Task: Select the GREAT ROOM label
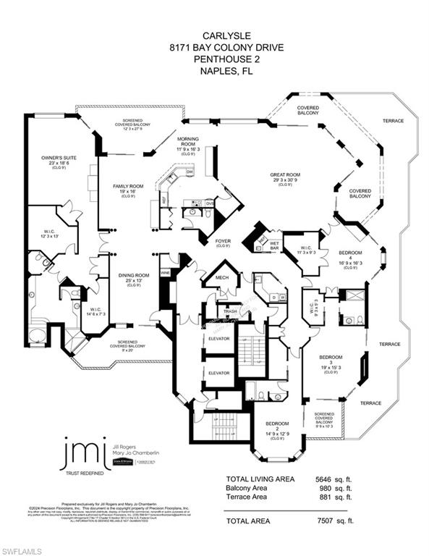[285, 174]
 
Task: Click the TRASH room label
[231, 311]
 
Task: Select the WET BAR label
[274, 244]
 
